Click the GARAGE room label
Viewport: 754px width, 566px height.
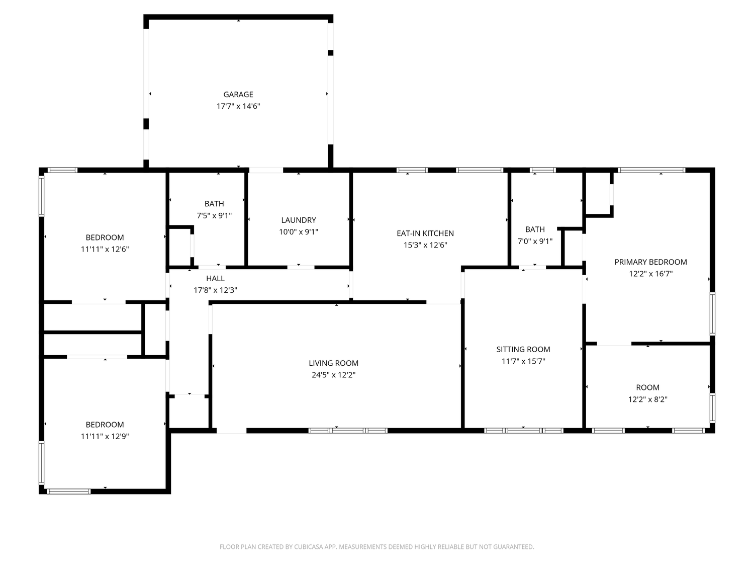(x=238, y=94)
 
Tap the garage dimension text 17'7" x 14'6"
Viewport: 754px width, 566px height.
(x=238, y=106)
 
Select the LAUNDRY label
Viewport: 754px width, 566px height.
(x=298, y=220)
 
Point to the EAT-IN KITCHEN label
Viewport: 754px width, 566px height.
(x=425, y=233)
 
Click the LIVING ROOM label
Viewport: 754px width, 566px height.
(x=333, y=363)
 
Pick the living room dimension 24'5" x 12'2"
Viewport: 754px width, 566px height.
(x=333, y=375)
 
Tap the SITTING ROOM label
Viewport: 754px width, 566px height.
(x=523, y=350)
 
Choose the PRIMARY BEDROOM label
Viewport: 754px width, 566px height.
(x=650, y=262)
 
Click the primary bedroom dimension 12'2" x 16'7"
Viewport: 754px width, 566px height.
(x=650, y=274)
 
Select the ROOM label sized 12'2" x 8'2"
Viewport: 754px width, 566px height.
(x=647, y=387)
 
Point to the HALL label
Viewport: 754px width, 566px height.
(x=215, y=278)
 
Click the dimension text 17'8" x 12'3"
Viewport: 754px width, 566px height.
(x=215, y=290)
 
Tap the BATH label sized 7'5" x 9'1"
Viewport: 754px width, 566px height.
(x=214, y=204)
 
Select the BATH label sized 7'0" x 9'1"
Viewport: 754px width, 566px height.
(x=535, y=229)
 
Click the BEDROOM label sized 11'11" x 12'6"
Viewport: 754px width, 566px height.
(x=105, y=237)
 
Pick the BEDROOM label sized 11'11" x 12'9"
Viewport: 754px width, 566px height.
(x=105, y=425)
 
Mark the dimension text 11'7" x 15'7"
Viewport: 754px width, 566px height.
(x=523, y=362)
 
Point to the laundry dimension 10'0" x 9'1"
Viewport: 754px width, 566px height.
(x=298, y=232)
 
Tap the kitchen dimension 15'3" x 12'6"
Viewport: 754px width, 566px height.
(x=425, y=245)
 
